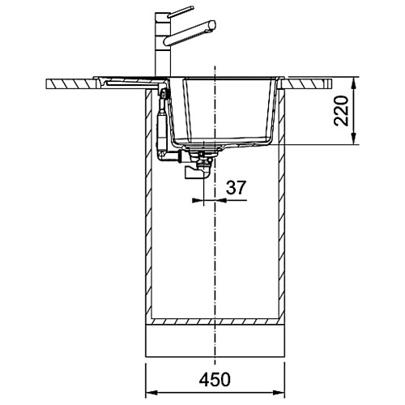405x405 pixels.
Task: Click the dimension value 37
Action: click(x=237, y=187)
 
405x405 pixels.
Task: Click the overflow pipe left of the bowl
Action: click(x=162, y=122)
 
